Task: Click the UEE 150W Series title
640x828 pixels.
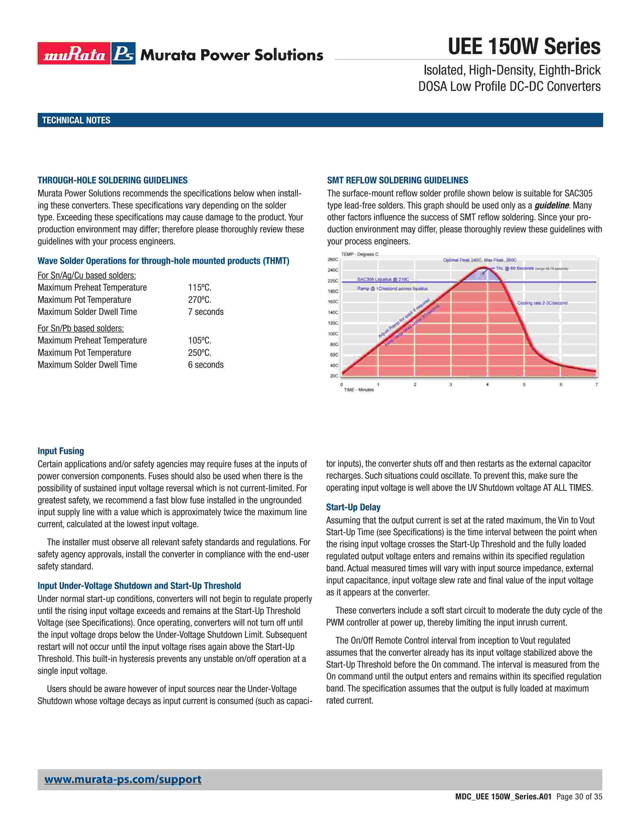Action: (524, 47)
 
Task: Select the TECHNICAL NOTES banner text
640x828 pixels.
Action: (76, 120)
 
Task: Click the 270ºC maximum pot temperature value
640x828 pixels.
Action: (200, 300)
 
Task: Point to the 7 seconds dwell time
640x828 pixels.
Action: (206, 312)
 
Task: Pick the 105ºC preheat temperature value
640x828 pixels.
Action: (200, 340)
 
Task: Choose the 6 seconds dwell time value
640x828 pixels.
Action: (206, 365)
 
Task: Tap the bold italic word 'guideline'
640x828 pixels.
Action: (552, 205)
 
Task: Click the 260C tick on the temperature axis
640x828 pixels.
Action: (333, 260)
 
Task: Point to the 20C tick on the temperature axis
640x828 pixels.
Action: (334, 376)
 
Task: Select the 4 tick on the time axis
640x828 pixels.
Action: (487, 384)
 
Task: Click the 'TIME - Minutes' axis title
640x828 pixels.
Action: (359, 390)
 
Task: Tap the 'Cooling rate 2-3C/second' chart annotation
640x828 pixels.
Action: (542, 303)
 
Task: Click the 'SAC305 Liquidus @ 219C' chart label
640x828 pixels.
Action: (383, 280)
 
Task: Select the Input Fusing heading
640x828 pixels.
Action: (61, 451)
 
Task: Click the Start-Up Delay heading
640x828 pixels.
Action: (353, 507)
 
